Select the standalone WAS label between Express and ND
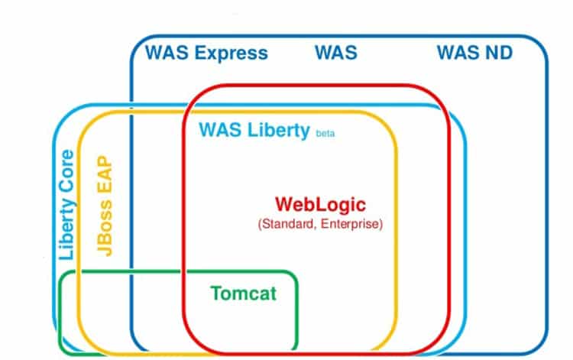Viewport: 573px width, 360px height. (x=335, y=54)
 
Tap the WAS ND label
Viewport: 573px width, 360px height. (x=474, y=54)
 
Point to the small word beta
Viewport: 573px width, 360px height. (x=325, y=134)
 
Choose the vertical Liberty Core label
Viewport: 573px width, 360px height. (x=67, y=204)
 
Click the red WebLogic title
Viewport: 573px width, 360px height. (x=320, y=204)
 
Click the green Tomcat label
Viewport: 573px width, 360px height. (x=244, y=293)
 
